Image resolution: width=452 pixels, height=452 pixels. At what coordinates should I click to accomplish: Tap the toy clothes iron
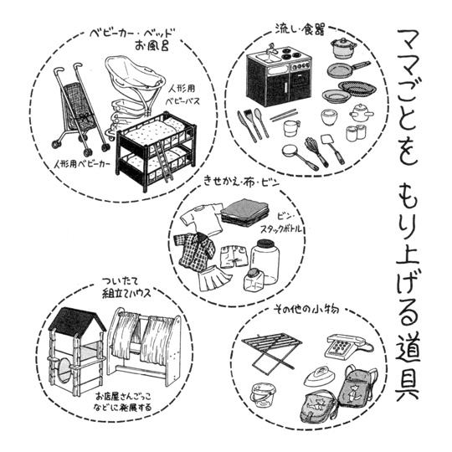point(320,376)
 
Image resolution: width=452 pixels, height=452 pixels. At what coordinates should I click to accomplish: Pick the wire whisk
point(316,151)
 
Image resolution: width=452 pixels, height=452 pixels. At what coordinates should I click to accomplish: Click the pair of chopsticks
point(284,115)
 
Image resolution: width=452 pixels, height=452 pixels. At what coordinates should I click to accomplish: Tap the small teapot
point(359,113)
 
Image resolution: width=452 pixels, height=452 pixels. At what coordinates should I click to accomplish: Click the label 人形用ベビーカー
point(82,165)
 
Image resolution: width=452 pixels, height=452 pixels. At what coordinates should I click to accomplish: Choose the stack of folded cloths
point(245,212)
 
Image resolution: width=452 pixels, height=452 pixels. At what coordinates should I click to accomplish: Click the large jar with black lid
point(265,261)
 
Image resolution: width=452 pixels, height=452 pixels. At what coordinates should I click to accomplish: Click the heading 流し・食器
point(300,29)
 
